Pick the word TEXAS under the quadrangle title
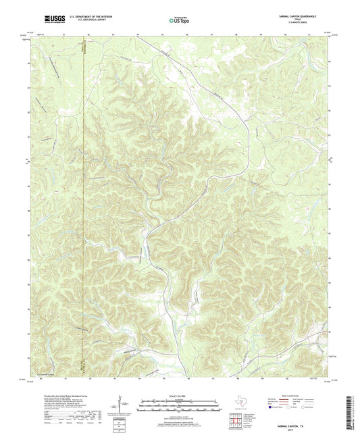coord(311,20)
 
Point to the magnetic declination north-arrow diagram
coord(122,407)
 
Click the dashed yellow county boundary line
coord(83,203)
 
